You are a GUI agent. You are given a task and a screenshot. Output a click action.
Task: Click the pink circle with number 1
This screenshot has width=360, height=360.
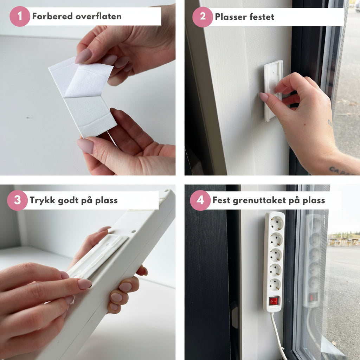20,16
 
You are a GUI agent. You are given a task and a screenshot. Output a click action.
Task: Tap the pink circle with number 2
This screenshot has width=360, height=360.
202,17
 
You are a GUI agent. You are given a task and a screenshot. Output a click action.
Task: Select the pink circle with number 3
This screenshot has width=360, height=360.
18,200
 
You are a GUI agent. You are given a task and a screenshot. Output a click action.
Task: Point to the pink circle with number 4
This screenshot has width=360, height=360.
200,200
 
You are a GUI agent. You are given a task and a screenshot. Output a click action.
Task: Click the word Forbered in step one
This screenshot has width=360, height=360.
53,16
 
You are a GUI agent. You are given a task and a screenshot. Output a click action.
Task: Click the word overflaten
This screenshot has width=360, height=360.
99,16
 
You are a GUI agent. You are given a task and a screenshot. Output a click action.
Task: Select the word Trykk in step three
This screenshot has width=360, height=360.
43,200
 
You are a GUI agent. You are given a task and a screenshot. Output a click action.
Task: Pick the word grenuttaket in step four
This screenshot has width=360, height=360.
259,200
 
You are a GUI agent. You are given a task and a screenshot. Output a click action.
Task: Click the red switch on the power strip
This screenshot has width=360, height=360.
274,301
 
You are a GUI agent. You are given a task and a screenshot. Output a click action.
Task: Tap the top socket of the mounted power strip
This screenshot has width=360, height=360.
276,223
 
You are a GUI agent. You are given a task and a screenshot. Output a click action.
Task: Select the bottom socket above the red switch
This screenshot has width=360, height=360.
275,285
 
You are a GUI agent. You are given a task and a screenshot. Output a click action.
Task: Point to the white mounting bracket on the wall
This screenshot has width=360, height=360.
273,91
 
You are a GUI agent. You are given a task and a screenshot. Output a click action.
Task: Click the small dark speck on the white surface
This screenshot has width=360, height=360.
28,118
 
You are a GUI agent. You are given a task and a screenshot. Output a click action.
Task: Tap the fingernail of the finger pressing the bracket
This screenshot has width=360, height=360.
264,97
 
